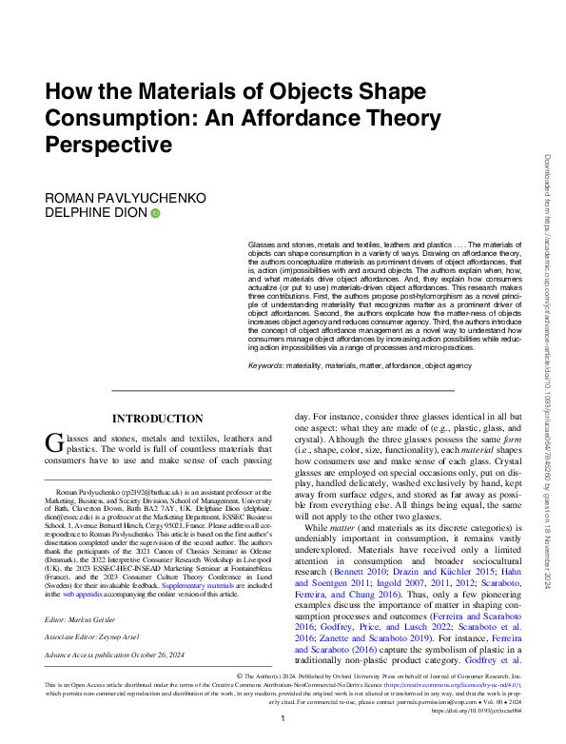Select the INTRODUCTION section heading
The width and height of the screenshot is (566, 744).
pos(157,419)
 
